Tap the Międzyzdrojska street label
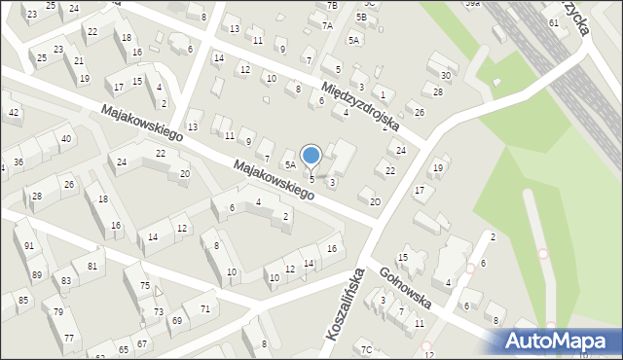point(361,106)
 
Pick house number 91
point(29,246)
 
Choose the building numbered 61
point(553,22)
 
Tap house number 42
point(14,113)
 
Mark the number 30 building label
point(446,75)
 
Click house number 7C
point(366,349)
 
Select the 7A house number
point(327,26)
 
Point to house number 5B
point(361,17)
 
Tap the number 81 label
point(92,266)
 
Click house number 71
point(204,308)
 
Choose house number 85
point(22,300)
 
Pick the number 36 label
point(18,162)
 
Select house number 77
point(69,338)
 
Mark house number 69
point(176,320)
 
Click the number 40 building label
point(65,139)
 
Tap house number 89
point(36,275)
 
